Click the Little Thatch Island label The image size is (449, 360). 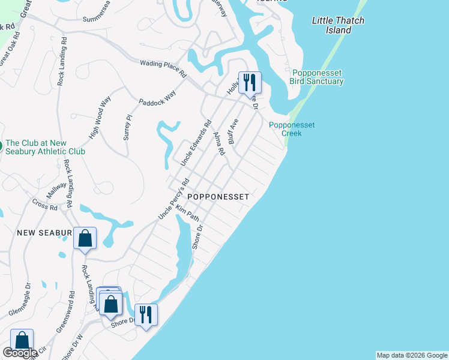pos(338,25)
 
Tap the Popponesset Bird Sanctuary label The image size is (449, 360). pos(316,77)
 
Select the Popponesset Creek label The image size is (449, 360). pos(292,129)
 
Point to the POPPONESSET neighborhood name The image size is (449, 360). pos(217,196)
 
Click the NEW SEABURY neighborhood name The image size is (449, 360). pos(44,232)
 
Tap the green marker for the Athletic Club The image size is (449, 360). pos(1,145)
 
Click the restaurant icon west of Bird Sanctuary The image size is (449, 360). pos(250,83)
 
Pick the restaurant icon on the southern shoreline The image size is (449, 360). pos(146,314)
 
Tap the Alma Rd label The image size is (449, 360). pos(218,144)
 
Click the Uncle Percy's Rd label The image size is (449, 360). pos(173,198)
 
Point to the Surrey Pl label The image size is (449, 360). pos(127,127)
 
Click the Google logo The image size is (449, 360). pos(20,353)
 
